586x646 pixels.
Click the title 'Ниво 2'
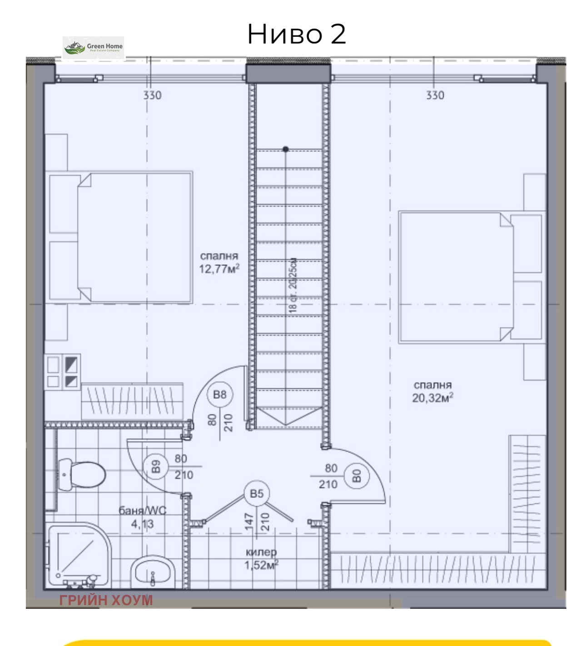[296, 34]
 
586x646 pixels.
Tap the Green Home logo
[93, 47]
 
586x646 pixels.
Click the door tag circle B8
[219, 394]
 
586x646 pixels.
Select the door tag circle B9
[155, 467]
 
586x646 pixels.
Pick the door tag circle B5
[257, 493]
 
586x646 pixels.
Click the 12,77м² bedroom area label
[219, 263]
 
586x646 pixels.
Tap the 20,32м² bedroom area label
[432, 392]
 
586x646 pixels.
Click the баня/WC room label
[143, 517]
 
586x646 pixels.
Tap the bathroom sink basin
[153, 572]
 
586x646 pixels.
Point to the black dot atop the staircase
[286, 149]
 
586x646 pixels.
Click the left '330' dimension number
[152, 95]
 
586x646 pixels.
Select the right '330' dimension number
[435, 95]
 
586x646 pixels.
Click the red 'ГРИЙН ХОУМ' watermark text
[106, 600]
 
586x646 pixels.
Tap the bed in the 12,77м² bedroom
[121, 237]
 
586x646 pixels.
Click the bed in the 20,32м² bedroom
[470, 277]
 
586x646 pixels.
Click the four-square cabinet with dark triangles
[62, 372]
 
